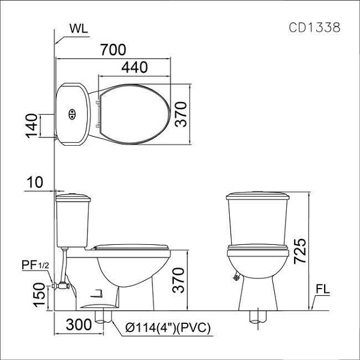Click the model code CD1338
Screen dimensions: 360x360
[314, 28]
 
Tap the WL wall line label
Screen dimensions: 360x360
[79, 29]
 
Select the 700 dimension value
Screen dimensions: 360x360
[113, 50]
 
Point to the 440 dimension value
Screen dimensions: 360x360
[134, 67]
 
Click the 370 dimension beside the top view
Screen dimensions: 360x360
[181, 114]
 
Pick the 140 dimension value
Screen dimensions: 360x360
[31, 126]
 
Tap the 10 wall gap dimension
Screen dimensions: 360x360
[35, 182]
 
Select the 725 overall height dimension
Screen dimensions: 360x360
[300, 251]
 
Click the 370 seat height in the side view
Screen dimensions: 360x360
[178, 280]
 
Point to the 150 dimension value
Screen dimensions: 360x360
[39, 295]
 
